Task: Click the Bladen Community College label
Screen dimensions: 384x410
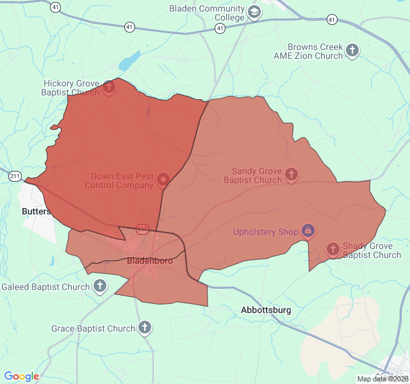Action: click(x=207, y=13)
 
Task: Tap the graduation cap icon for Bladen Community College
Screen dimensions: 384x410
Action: click(x=254, y=12)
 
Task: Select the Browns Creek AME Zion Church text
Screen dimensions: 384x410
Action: click(x=318, y=51)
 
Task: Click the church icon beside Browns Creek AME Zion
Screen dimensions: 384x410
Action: click(x=353, y=50)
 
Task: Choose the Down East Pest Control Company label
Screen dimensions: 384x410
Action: click(x=122, y=180)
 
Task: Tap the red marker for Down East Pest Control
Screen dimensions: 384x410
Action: click(x=163, y=180)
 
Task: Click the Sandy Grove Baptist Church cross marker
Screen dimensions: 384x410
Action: click(x=291, y=174)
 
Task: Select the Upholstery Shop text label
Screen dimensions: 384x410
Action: click(x=266, y=232)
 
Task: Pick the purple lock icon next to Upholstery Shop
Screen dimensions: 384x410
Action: click(x=308, y=230)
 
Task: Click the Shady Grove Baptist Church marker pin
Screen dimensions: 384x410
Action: click(x=332, y=249)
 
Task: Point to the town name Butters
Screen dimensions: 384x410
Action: click(x=36, y=211)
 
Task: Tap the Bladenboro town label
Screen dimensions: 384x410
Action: click(x=150, y=260)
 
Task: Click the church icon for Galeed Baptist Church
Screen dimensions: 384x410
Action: click(x=100, y=286)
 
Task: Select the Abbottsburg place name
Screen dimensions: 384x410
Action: click(x=266, y=310)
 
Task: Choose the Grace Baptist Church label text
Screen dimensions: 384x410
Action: click(x=94, y=329)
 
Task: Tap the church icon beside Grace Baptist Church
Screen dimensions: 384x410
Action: click(x=145, y=328)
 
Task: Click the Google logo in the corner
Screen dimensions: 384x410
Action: click(x=22, y=376)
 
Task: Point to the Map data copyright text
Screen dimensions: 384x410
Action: click(x=382, y=379)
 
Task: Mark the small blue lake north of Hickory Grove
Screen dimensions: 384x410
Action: click(x=129, y=61)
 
